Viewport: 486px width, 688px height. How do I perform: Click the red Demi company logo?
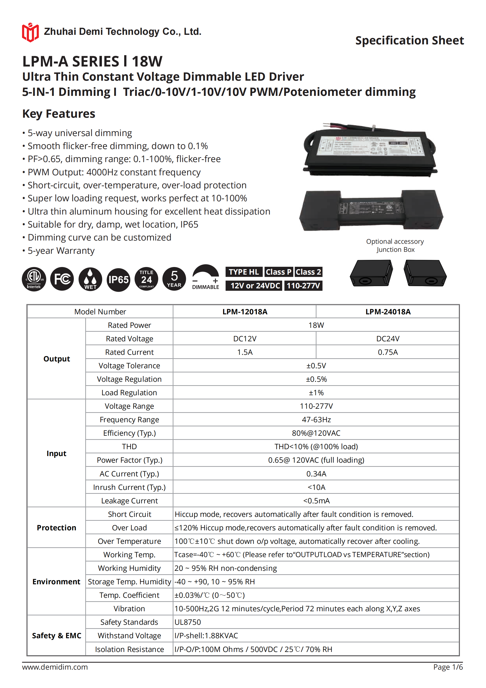pyautogui.click(x=30, y=32)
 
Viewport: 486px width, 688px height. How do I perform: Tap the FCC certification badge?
pyautogui.click(x=62, y=279)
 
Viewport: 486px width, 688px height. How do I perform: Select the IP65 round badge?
pyautogui.click(x=118, y=280)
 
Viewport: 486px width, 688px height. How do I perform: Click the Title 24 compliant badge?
pyautogui.click(x=146, y=279)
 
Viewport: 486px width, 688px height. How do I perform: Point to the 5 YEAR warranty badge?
pyautogui.click(x=174, y=279)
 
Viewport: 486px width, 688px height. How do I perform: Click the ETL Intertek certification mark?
pyautogui.click(x=34, y=279)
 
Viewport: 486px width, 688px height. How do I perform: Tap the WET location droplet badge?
pyautogui.click(x=90, y=279)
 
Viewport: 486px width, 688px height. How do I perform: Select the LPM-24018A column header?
pyautogui.click(x=388, y=312)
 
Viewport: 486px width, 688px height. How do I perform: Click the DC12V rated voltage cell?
pyautogui.click(x=245, y=339)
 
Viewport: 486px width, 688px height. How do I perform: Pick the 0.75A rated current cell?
pyautogui.click(x=388, y=352)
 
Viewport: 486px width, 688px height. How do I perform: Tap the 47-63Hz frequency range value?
pyautogui.click(x=316, y=420)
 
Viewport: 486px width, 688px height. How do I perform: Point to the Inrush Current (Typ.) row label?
pyautogui.click(x=129, y=487)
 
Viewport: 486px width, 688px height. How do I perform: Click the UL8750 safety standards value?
pyautogui.click(x=188, y=622)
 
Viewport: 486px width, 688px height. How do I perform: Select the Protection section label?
pyautogui.click(x=56, y=528)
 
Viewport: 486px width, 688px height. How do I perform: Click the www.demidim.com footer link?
pyautogui.click(x=55, y=667)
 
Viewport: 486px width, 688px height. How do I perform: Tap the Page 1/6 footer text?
pyautogui.click(x=448, y=667)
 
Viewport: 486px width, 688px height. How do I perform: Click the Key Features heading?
pyautogui.click(x=59, y=114)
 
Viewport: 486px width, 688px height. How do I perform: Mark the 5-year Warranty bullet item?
pyautogui.click(x=61, y=251)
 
